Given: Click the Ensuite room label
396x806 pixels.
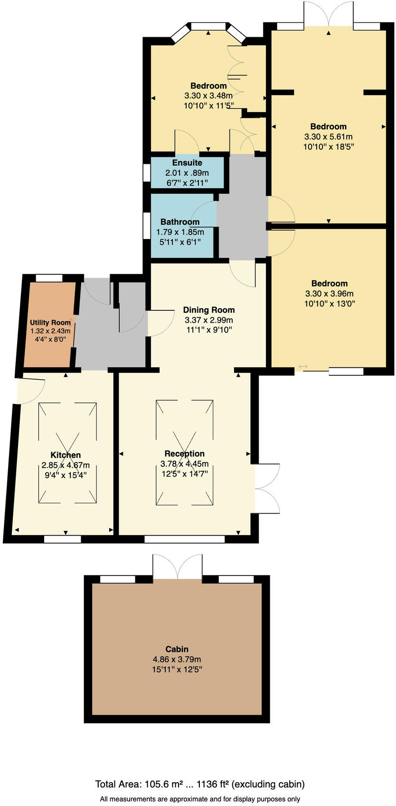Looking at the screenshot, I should point(187,163).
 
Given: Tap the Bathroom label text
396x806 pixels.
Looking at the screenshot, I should point(180,222).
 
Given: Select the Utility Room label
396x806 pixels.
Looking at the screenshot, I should point(50,323).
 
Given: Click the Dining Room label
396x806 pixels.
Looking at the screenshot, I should point(208,310).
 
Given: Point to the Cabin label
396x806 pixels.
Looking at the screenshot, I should point(177,649).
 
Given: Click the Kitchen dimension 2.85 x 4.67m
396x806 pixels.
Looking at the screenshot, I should point(66,465).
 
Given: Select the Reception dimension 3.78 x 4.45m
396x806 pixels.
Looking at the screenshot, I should point(184,464).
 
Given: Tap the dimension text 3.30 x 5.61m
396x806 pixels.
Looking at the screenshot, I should point(328,137).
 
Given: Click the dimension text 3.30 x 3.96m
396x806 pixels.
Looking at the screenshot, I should point(329,294).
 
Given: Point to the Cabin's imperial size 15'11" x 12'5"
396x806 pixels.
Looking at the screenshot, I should point(177,670).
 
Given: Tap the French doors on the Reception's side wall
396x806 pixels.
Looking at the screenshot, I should point(266,488).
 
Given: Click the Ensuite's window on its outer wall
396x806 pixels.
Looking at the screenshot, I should point(146,173).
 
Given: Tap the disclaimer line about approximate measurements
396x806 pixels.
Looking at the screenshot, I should point(200,799).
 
